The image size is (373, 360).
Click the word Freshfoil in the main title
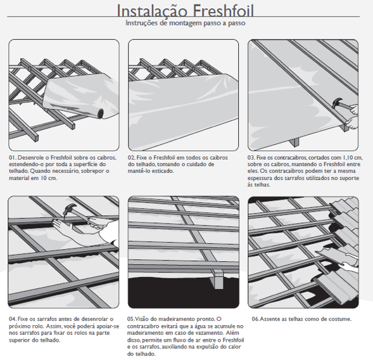pos(223,11)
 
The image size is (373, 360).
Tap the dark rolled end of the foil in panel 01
pos(101,113)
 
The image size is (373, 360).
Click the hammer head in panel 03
pos(338,102)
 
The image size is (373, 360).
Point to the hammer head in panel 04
pos(71,208)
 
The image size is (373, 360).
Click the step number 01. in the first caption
pos(13,158)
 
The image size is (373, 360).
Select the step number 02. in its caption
pos(132,158)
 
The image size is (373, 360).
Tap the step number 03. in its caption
pos(251,158)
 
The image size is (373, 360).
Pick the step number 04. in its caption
pos(13,319)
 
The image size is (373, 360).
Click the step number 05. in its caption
pos(131,319)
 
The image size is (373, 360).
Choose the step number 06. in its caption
pos(256,319)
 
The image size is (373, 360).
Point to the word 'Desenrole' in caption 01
pos(31,158)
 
